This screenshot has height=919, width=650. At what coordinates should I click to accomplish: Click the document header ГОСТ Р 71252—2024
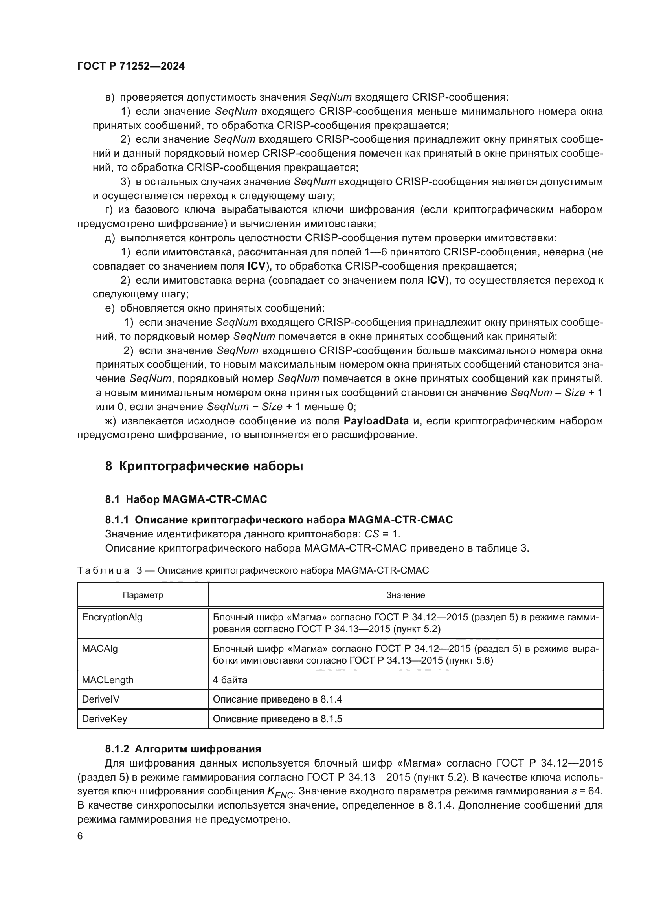[x=131, y=66]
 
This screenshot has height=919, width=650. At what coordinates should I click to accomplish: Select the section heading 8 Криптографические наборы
[x=204, y=466]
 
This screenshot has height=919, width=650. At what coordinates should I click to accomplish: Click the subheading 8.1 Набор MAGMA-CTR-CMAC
[x=186, y=499]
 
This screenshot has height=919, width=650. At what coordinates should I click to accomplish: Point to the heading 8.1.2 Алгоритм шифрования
[x=183, y=749]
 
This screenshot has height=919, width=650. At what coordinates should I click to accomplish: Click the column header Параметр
[x=143, y=595]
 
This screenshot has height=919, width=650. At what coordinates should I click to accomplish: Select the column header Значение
[x=406, y=595]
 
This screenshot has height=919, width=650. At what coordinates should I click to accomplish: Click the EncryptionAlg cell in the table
[x=112, y=617]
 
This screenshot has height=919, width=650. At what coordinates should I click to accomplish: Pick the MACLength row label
[x=108, y=680]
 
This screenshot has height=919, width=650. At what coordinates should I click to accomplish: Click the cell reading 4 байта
[x=230, y=680]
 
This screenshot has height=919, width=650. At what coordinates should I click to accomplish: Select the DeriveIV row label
[x=101, y=699]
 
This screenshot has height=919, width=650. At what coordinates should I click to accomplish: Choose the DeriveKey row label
[x=105, y=719]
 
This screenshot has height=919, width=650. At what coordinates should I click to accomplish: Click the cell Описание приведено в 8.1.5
[x=277, y=719]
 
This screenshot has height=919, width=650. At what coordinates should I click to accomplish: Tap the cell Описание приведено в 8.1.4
[x=277, y=699]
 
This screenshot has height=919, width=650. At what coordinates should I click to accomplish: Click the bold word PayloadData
[x=376, y=421]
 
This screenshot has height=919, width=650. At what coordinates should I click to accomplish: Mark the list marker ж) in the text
[x=110, y=421]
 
